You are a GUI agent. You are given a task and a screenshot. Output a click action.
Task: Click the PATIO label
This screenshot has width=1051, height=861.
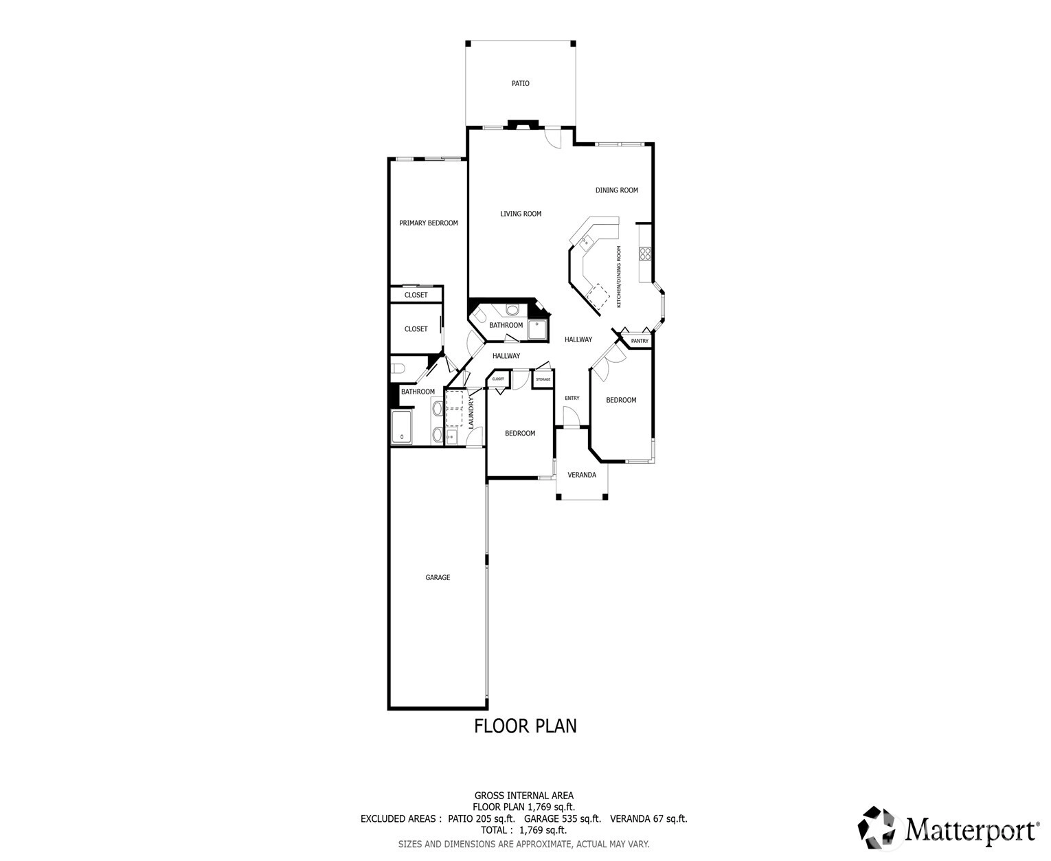pos(520,83)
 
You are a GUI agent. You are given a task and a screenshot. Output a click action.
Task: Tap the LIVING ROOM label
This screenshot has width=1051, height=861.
pos(521,214)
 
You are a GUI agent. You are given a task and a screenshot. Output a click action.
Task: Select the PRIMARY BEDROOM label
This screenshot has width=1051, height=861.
pos(429,223)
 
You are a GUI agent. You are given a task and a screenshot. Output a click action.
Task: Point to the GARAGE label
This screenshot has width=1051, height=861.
pos(438,577)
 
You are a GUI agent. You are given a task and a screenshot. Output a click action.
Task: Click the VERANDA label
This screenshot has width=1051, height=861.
pos(582,475)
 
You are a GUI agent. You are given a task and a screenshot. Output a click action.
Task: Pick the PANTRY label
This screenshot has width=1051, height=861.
pos(640,341)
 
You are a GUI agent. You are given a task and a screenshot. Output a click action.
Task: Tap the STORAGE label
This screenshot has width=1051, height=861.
pos(543,379)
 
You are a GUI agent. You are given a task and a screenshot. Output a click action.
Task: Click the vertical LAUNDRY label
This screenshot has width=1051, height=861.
pos(471,412)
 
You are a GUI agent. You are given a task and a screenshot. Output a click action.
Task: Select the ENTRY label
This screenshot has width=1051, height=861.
pos(572,398)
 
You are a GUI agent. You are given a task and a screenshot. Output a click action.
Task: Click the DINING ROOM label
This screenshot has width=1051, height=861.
pos(616,190)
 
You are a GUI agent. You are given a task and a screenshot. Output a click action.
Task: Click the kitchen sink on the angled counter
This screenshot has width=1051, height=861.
pos(585,243)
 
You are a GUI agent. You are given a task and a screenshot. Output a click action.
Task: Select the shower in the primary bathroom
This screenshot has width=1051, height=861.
pos(402,427)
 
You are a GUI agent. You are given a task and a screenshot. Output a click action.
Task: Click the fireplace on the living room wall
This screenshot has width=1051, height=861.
pos(523,124)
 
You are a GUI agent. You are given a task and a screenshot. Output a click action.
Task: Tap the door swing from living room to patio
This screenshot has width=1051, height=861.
pos(553,137)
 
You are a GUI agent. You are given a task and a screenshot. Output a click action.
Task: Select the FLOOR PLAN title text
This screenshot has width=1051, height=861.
pos(525,726)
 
